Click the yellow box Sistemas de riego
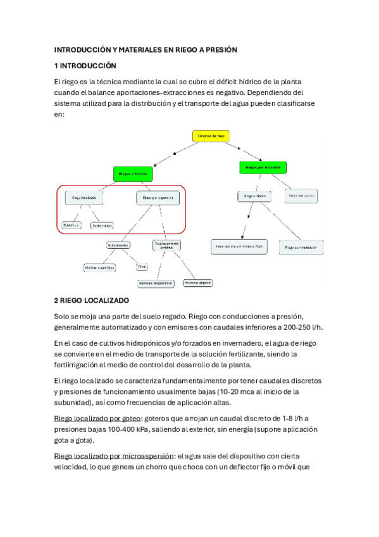point(211,136)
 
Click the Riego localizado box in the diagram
point(84,198)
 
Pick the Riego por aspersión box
point(158,198)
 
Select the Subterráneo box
point(101,225)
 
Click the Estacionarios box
point(118,244)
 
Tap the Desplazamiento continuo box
point(166,244)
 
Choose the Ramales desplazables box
point(155,283)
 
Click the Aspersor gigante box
point(198,282)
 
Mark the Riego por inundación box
point(301,248)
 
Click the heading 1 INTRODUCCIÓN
point(85,66)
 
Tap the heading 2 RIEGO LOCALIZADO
point(92,300)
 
